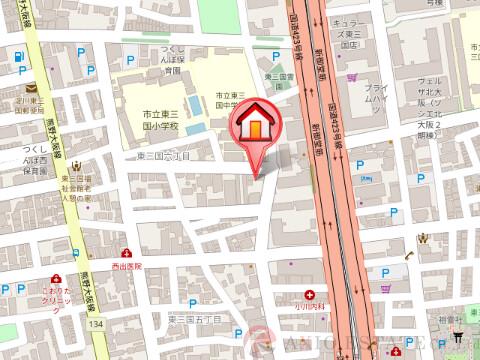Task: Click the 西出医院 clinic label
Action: [x=127, y=268]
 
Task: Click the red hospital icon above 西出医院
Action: [x=127, y=255]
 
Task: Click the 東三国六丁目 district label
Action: [x=162, y=157]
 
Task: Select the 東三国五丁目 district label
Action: [x=192, y=318]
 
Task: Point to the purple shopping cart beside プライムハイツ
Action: [x=352, y=77]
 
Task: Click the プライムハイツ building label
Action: [x=376, y=94]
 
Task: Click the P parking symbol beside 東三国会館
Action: [x=276, y=59]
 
